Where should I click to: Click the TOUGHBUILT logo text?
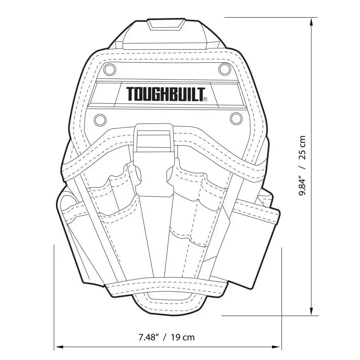click(165, 94)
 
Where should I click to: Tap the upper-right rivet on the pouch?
click(225, 69)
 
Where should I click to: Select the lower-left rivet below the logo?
click(100, 119)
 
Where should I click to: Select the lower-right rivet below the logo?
click(236, 118)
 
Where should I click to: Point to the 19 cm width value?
click(182, 337)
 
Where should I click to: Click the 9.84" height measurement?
click(303, 182)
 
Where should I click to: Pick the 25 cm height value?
click(303, 147)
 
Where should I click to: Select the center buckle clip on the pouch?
click(154, 160)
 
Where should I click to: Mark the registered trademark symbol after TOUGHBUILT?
click(205, 99)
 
